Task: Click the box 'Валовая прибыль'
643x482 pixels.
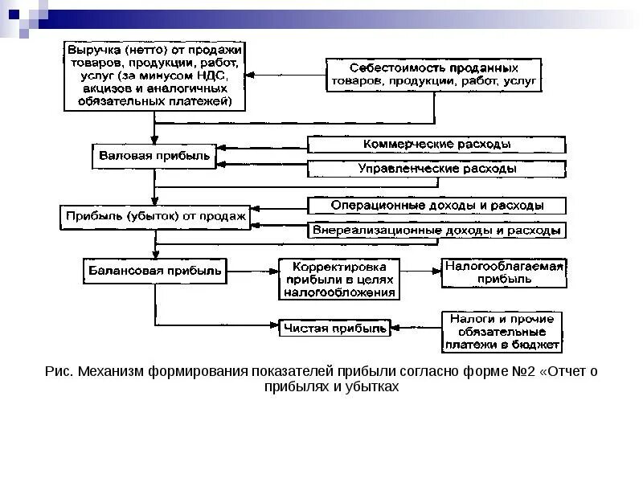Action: (x=154, y=156)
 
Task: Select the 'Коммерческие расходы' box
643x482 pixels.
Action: (x=436, y=145)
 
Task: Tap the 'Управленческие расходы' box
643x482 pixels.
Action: (x=436, y=170)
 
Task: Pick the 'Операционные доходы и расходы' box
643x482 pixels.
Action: (x=436, y=206)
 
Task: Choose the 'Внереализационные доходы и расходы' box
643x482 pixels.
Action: (x=436, y=230)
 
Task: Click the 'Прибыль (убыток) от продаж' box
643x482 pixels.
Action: (x=155, y=216)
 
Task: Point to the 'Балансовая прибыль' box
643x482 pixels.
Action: (x=154, y=270)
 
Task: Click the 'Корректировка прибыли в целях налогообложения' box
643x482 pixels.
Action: (x=338, y=279)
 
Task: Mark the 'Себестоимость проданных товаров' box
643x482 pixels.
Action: (x=434, y=75)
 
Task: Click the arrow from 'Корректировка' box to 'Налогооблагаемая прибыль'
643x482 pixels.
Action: (x=420, y=271)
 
